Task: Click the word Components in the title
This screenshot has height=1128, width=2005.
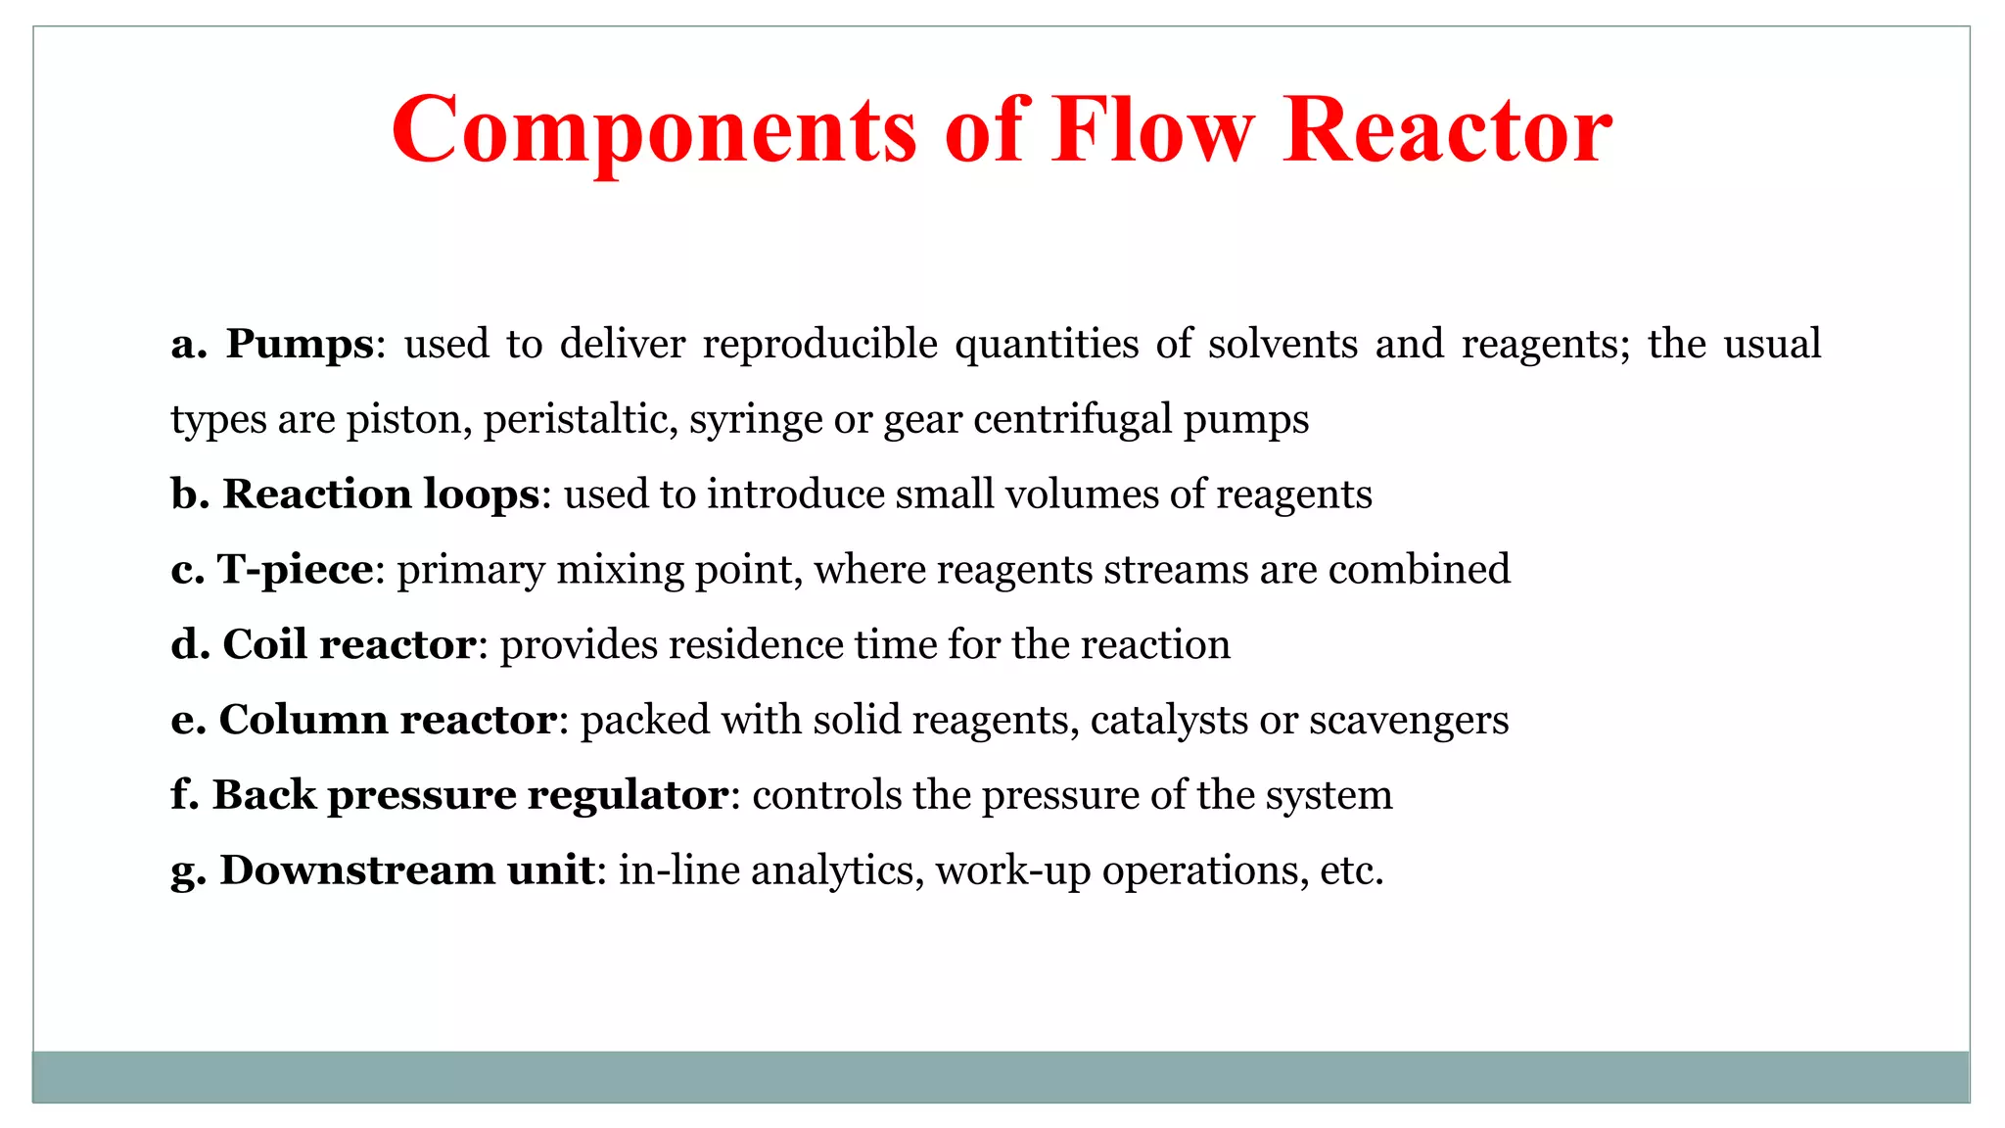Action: (x=654, y=131)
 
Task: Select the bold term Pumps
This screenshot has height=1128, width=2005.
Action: (x=300, y=344)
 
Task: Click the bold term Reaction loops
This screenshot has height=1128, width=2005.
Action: (x=380, y=493)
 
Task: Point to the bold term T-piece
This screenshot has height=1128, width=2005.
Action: (x=295, y=569)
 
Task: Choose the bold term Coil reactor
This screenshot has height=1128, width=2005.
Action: (x=350, y=644)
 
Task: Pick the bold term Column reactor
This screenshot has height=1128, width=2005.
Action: (x=388, y=720)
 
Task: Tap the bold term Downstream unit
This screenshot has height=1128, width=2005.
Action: (x=406, y=869)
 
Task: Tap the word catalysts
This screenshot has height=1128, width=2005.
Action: (x=1169, y=720)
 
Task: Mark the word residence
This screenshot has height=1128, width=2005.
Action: (x=755, y=644)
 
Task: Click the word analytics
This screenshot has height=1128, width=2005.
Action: (x=837, y=869)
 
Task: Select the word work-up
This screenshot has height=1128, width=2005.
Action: (x=1012, y=869)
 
